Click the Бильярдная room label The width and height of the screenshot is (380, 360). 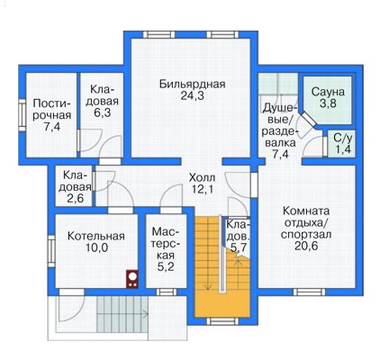[192, 84]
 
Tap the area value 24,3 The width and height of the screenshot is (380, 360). [192, 96]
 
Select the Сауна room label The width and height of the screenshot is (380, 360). [328, 92]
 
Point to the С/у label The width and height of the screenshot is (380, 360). [342, 138]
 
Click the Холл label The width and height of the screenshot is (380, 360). [202, 177]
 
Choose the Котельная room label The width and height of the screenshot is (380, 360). [96, 236]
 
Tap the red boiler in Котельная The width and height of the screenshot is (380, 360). [132, 279]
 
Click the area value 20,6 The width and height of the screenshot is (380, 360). [306, 246]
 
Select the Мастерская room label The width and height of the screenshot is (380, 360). [166, 244]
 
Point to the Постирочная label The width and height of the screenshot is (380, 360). [52, 110]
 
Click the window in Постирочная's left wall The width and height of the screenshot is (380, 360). [23, 115]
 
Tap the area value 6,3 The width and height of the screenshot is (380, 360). [103, 113]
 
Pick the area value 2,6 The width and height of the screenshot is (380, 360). [75, 199]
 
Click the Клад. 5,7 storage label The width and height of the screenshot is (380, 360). [238, 236]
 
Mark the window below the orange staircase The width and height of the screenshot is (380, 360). [222, 321]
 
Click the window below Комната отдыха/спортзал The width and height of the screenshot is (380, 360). [309, 292]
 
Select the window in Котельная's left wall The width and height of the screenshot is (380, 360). [51, 251]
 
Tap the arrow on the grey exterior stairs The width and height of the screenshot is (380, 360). [123, 315]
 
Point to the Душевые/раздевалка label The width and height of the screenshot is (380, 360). [280, 131]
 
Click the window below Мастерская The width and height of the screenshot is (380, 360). [167, 292]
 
